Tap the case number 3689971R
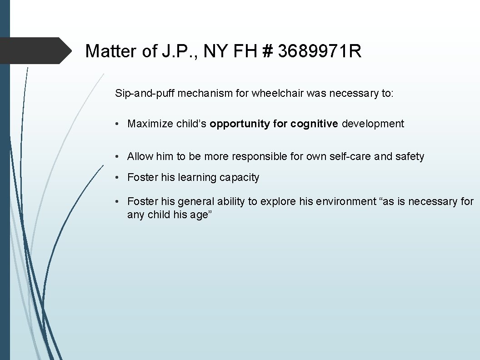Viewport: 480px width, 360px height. point(320,51)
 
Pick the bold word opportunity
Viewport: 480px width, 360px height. point(240,124)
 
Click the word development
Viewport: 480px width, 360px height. point(373,124)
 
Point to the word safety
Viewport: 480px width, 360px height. point(410,156)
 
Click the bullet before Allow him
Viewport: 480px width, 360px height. point(117,157)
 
